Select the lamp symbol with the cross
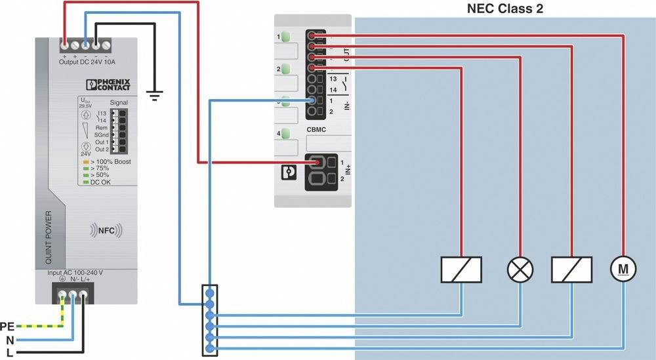coord(520,269)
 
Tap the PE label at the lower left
coord(7,326)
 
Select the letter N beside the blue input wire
coord(9,340)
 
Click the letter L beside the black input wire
coord(9,353)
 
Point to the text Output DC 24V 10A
coord(87,62)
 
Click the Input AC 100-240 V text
coord(75,272)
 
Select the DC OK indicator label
coord(100,182)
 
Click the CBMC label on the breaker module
coord(317,130)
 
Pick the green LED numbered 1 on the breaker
coord(286,36)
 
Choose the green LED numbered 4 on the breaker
coord(286,134)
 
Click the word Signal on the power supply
coord(119,102)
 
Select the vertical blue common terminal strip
coord(210,321)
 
